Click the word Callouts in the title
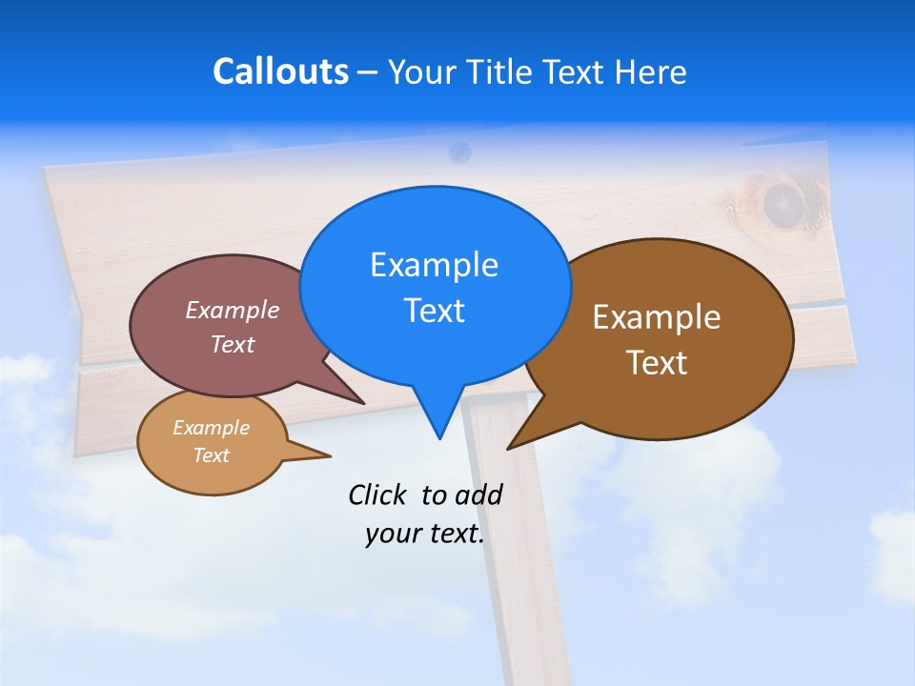pos(280,72)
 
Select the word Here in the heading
pos(651,72)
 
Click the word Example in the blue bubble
pos(434,265)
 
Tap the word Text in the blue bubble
pos(434,311)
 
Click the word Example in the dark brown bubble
pos(657,317)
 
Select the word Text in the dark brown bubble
pos(657,363)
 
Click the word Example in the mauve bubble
pos(233,311)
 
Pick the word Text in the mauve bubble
pos(233,345)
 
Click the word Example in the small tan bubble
pos(212,429)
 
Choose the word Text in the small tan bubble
pos(212,455)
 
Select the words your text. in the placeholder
pos(425,535)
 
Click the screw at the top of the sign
pos(460,151)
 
